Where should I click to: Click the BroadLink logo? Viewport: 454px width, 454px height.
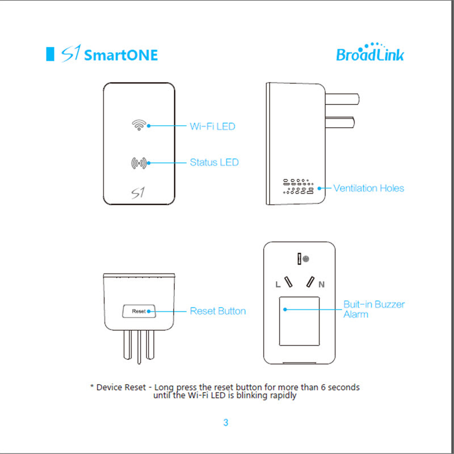coord(370,52)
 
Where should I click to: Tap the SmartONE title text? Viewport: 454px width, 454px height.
coord(121,55)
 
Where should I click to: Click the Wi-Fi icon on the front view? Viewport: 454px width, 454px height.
coord(139,125)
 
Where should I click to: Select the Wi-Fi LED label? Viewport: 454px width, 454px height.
coord(212,127)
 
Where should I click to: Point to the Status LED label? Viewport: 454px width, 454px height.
coord(215,162)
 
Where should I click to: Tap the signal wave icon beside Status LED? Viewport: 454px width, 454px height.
coord(139,163)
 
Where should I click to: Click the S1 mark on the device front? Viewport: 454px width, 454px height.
coord(138,193)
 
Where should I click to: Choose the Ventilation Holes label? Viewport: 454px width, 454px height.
coord(368,188)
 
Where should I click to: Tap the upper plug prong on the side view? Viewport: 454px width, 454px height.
coord(342,99)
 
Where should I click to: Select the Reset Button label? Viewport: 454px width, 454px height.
coord(218,311)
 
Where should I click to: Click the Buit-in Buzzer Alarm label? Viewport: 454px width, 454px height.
coord(374,309)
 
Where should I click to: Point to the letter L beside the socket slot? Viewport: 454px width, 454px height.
coord(278,285)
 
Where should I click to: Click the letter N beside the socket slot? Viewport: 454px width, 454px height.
coord(321,285)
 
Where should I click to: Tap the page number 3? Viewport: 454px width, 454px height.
coord(226,422)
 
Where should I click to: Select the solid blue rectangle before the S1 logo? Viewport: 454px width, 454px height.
coord(50,54)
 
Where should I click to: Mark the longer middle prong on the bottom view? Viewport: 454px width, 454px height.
coord(139,347)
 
